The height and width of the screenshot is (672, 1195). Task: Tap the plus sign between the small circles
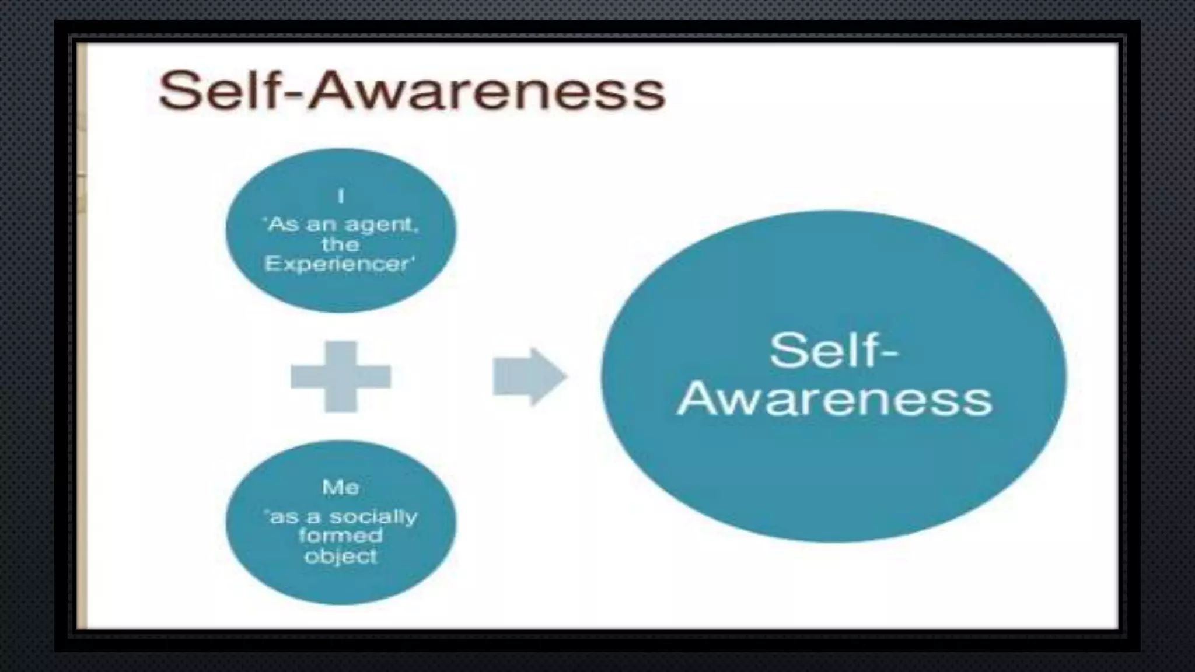point(341,376)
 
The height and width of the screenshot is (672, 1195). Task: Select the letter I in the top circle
point(341,196)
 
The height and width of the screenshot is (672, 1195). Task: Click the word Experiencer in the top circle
point(339,264)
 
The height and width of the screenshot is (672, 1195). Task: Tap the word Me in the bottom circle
point(340,487)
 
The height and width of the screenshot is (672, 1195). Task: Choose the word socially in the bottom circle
point(373,517)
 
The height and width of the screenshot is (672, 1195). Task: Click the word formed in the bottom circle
point(340,535)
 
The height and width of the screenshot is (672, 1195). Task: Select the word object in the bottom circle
point(341,556)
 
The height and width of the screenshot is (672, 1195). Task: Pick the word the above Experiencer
point(340,244)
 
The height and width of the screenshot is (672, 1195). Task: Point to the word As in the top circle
point(279,225)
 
